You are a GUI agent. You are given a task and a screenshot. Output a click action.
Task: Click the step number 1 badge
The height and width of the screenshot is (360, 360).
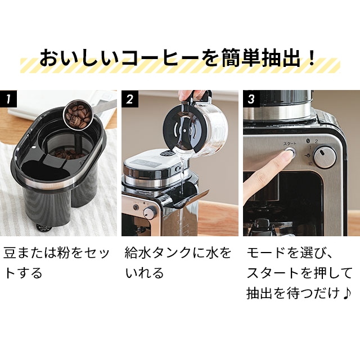coord(8,99)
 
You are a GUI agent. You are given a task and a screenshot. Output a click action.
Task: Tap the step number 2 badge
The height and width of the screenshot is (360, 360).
coord(130,99)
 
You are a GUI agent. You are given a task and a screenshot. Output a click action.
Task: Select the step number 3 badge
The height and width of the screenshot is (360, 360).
coord(251,99)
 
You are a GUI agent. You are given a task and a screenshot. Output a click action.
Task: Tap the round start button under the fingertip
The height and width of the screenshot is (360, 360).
coord(290,152)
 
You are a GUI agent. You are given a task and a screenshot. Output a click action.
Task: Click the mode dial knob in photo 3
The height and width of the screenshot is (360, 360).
coord(325,157)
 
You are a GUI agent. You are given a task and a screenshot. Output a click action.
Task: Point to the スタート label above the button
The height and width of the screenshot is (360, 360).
coord(290,144)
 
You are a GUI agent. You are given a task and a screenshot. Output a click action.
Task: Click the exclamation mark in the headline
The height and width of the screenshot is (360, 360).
coord(312,57)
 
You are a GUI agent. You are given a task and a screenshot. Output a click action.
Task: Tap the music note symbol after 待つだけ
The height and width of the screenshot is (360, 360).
coord(347,293)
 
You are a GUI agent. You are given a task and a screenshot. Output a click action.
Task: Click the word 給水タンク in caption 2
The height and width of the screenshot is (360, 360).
coord(164,253)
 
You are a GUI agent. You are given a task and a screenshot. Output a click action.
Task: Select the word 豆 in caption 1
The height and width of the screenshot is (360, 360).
coord(10,253)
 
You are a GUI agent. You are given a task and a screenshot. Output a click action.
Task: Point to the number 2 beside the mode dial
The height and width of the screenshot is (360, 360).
coord(316,142)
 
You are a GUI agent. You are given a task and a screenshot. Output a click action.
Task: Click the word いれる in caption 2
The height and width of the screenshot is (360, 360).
coord(145,273)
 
